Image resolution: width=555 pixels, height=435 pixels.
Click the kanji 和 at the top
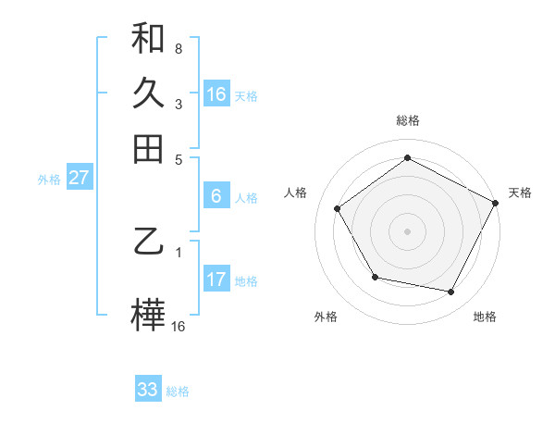click(148, 39)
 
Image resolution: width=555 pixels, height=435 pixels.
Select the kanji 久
click(148, 93)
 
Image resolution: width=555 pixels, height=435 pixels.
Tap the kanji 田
click(148, 148)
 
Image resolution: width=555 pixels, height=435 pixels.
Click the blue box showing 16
click(216, 93)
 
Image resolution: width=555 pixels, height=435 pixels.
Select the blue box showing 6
click(216, 195)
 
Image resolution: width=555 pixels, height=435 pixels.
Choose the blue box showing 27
click(79, 178)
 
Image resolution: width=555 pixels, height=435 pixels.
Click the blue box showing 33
click(148, 390)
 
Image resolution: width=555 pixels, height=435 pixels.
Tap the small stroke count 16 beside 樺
click(178, 326)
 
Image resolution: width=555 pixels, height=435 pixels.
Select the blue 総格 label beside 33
click(178, 391)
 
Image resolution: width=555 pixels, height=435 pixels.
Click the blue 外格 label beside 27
click(49, 180)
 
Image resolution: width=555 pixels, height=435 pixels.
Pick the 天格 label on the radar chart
click(520, 193)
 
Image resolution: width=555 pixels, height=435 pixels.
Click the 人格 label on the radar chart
click(296, 193)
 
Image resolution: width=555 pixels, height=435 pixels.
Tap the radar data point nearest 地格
click(451, 292)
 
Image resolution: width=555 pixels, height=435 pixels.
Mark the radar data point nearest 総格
click(407, 158)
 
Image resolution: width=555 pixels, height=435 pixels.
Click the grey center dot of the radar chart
click(407, 230)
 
